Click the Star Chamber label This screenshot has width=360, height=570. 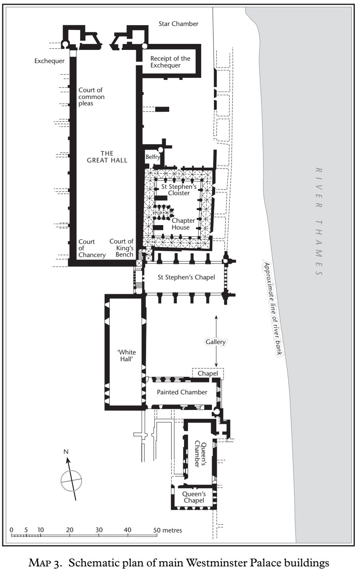point(178,24)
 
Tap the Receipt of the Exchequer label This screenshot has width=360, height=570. point(170,62)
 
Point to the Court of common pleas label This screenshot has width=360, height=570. point(91,97)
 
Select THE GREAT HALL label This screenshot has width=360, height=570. point(107,157)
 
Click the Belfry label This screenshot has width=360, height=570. point(152,157)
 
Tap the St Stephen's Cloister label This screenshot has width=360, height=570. point(179,190)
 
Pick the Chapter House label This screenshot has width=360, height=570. point(183,224)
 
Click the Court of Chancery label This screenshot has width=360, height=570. point(92,248)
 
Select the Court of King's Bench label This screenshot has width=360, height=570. point(121,248)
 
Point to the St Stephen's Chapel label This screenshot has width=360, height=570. point(186,277)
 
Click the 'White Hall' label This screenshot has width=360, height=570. point(127,356)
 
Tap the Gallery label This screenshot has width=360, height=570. point(216,342)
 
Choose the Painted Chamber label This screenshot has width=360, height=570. point(182,392)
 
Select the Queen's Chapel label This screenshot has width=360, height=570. point(194,497)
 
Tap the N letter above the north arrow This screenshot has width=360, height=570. point(66,452)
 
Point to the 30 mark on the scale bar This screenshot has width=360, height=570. point(99,530)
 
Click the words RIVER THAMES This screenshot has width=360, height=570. point(319,222)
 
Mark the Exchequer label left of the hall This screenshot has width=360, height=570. point(49,61)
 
